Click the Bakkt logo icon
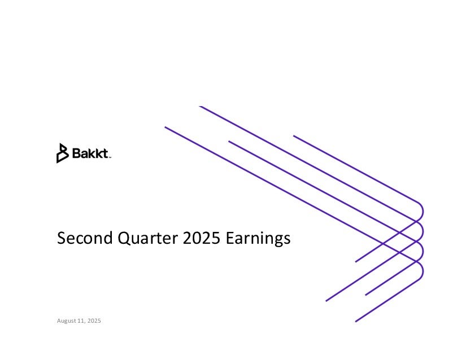pyautogui.click(x=62, y=153)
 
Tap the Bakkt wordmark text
pyautogui.click(x=90, y=153)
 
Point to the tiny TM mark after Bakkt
pyautogui.click(x=110, y=158)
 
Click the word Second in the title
pyautogui.click(x=85, y=238)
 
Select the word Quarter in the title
pyautogui.click(x=147, y=238)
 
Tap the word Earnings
pyautogui.click(x=258, y=239)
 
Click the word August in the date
pyautogui.click(x=67, y=321)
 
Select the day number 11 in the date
pyautogui.click(x=81, y=321)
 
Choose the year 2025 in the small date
pyautogui.click(x=94, y=321)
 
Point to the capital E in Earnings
pyautogui.click(x=230, y=238)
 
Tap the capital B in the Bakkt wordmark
pyautogui.click(x=76, y=153)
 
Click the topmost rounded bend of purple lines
pyautogui.click(x=420, y=211)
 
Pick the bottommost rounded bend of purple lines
pyautogui.click(x=420, y=271)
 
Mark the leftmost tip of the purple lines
pyautogui.click(x=166, y=128)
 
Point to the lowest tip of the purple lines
pyautogui.click(x=356, y=322)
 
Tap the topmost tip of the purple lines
pyautogui.click(x=200, y=106)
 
